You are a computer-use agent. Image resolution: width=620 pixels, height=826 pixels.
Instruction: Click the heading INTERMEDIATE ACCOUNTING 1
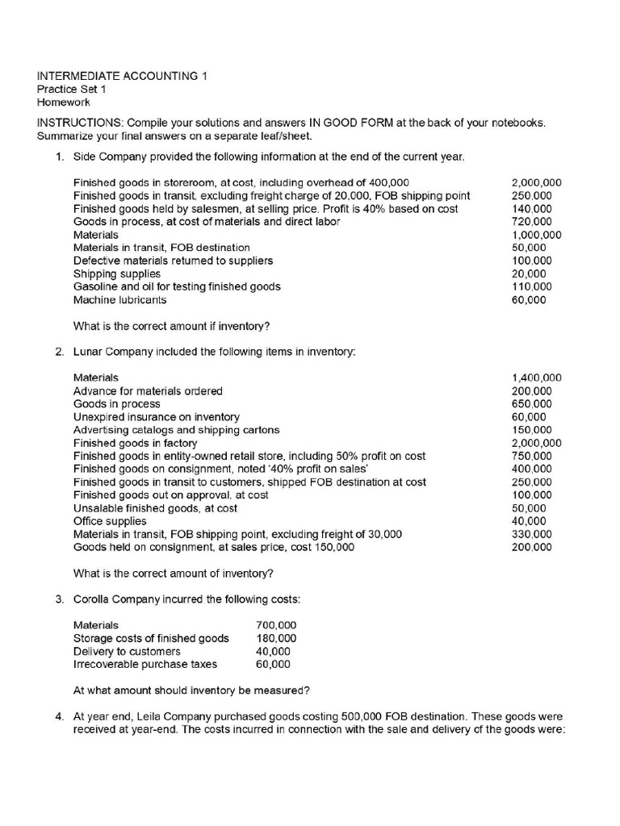pos(122,77)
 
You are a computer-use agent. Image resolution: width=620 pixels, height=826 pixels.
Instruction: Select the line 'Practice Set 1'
pos(72,90)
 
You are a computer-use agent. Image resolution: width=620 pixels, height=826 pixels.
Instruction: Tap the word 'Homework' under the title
pos(64,102)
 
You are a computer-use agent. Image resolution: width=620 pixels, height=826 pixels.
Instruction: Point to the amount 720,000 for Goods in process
pos(532,222)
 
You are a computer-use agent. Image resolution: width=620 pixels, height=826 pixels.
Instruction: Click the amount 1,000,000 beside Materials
pos(537,235)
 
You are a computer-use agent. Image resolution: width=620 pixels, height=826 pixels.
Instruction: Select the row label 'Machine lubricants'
pos(119,300)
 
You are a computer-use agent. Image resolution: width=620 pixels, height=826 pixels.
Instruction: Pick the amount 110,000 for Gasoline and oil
pos(532,286)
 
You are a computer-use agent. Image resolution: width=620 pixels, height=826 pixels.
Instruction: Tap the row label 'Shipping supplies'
pos(116,273)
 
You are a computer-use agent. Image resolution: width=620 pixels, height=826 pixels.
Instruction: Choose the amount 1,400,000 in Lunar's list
pos(537,378)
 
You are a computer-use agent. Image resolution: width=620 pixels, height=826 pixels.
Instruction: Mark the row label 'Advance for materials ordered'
pos(148,391)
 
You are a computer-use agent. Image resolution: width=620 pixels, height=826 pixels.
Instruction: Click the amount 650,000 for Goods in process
pos(532,404)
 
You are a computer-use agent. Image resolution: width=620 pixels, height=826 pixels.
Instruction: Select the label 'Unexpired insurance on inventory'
pos(156,417)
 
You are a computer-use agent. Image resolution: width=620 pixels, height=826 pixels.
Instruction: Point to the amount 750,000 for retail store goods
pos(532,456)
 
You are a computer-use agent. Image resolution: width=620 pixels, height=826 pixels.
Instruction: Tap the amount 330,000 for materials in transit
pos(532,534)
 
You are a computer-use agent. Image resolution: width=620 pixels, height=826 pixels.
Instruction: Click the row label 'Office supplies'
pos(110,521)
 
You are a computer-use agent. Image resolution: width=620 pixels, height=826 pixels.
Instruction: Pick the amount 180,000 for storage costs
pos(276,638)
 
